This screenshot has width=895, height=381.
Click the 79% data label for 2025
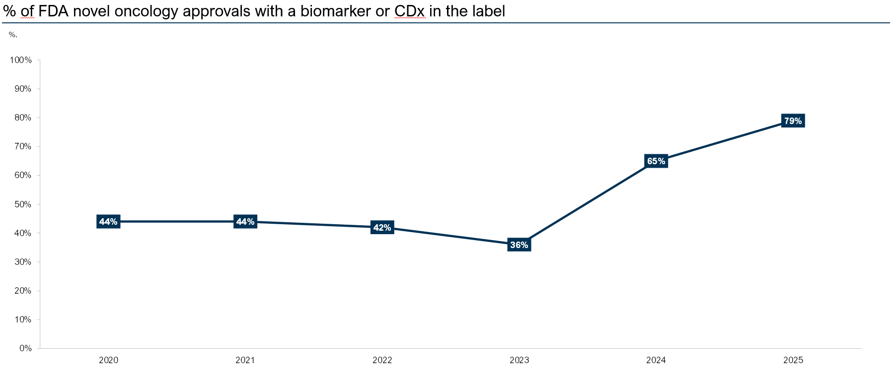[x=793, y=121]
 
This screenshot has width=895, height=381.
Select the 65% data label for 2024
[x=656, y=161]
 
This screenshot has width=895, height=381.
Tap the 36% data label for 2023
[x=519, y=245]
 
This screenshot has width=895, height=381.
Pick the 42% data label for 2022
[x=382, y=227]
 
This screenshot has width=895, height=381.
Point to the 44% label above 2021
[x=245, y=221]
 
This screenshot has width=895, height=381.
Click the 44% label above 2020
[x=108, y=221]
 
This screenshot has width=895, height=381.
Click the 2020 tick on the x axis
[x=108, y=360]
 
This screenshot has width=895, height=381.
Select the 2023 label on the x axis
[x=519, y=360]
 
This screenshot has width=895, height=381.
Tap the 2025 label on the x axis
[x=793, y=360]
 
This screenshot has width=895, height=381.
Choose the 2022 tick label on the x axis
[x=382, y=360]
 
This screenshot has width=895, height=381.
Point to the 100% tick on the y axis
[x=21, y=60]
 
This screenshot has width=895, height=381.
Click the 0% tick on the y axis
[x=26, y=348]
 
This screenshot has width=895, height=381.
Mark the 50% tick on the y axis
[x=23, y=204]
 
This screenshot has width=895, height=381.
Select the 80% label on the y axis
[x=23, y=118]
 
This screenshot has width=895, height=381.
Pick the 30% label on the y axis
[x=23, y=262]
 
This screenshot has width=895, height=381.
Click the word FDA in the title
[x=55, y=11]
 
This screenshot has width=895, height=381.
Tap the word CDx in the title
[x=410, y=11]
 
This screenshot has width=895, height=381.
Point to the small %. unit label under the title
[x=13, y=35]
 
